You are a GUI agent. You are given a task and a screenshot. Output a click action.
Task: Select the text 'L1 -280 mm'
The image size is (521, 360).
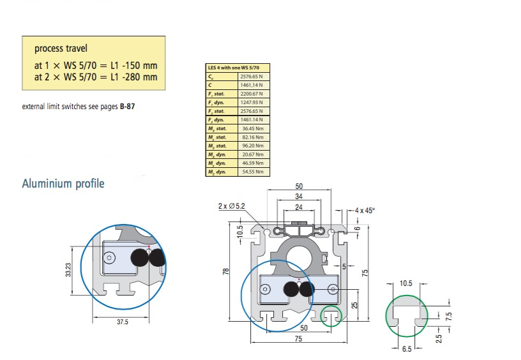(132, 78)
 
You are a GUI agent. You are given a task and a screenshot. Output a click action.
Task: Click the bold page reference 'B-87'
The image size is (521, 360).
(127, 107)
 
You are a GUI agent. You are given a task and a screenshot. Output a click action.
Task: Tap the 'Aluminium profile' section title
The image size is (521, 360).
(63, 184)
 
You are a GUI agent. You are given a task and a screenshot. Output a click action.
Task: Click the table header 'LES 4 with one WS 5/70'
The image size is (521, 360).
(234, 67)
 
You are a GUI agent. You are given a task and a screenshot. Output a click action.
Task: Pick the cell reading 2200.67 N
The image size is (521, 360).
(253, 93)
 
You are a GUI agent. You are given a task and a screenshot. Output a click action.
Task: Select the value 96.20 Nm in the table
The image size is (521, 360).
(253, 146)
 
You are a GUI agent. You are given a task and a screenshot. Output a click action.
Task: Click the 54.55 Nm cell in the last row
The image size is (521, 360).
(253, 172)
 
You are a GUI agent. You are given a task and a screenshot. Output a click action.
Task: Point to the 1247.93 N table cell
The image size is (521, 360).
(253, 102)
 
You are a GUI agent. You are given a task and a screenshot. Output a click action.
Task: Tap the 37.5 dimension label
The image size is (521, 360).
(122, 322)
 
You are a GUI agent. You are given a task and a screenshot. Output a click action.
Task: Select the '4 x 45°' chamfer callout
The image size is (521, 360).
(366, 210)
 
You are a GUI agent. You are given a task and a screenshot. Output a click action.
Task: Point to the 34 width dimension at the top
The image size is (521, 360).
(299, 197)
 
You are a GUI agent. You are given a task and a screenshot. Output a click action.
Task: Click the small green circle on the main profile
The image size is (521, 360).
(331, 315)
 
